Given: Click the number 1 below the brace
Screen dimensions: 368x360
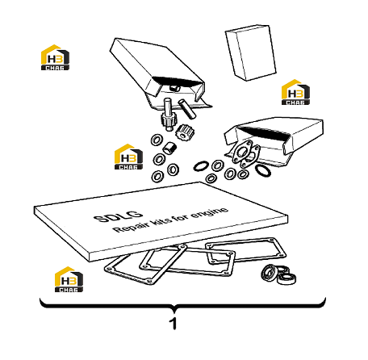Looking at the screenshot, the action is tap(174, 324).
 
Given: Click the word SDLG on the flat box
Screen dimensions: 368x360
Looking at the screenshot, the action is tap(118, 216).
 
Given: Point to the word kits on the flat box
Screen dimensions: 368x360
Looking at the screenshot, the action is tap(161, 221).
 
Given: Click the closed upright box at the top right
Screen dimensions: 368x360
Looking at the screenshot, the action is tap(250, 52).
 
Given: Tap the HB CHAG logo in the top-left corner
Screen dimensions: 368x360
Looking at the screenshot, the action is tap(55, 57).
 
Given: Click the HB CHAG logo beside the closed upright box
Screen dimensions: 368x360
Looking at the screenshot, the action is tap(295, 92).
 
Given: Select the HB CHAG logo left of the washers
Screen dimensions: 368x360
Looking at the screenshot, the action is tap(128, 157).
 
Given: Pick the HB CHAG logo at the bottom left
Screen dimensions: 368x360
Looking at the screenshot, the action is tap(69, 279).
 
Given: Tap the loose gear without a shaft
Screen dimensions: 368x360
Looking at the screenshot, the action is tap(185, 132).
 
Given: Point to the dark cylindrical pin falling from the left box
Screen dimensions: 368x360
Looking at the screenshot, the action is tap(187, 109).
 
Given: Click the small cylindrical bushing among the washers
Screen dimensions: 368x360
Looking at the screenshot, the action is tap(169, 148).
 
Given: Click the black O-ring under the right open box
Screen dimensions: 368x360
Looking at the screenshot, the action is tap(262, 171).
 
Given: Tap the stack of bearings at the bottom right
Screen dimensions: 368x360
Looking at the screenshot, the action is tap(279, 274).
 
